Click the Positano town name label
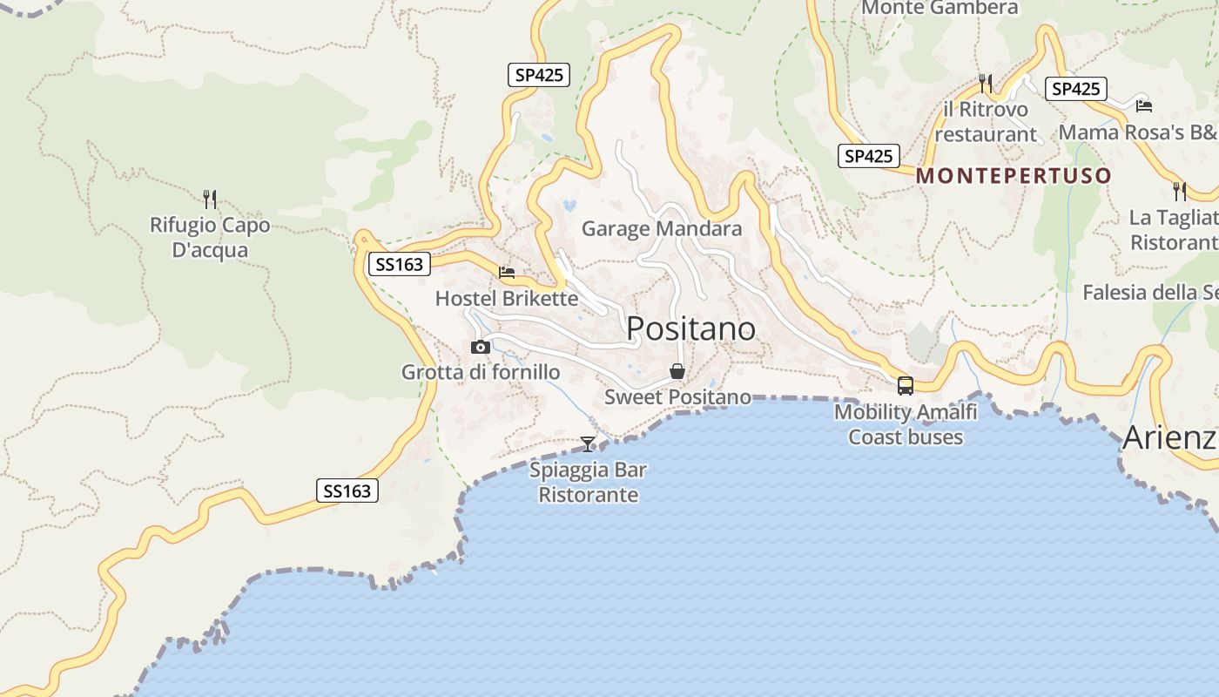690,328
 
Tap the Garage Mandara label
662,229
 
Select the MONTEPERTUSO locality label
1014,176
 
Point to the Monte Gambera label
940,8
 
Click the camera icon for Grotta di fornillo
480,347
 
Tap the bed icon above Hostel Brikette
507,273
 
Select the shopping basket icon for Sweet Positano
677,371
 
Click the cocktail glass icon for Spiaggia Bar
589,444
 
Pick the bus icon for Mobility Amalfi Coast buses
906,385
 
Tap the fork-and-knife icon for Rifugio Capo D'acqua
209,199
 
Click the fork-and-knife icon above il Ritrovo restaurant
986,83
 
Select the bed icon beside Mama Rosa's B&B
1144,106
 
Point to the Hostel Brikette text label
507,299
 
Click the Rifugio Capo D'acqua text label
210,238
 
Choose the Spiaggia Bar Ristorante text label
589,483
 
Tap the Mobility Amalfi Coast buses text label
906,424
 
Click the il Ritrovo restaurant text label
986,122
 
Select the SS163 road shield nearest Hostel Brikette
401,264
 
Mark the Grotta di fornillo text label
481,373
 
